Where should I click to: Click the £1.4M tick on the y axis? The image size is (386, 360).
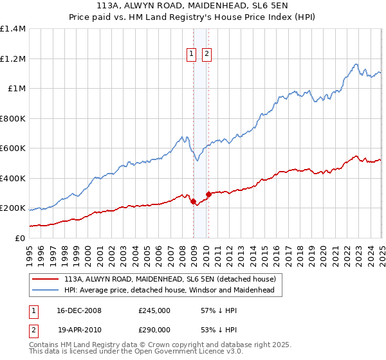[x=13, y=29]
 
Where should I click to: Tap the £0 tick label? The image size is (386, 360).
[x=19, y=238]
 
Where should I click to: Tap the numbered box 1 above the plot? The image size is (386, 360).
[x=192, y=55]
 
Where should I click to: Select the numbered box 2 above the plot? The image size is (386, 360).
[x=207, y=55]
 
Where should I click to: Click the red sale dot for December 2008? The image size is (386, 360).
[x=194, y=201]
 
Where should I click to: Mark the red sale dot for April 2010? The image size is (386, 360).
[x=209, y=194]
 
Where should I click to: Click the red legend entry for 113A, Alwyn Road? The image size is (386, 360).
[x=170, y=279]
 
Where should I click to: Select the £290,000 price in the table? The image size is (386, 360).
[x=154, y=329]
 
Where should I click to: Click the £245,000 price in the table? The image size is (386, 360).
[x=154, y=310]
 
